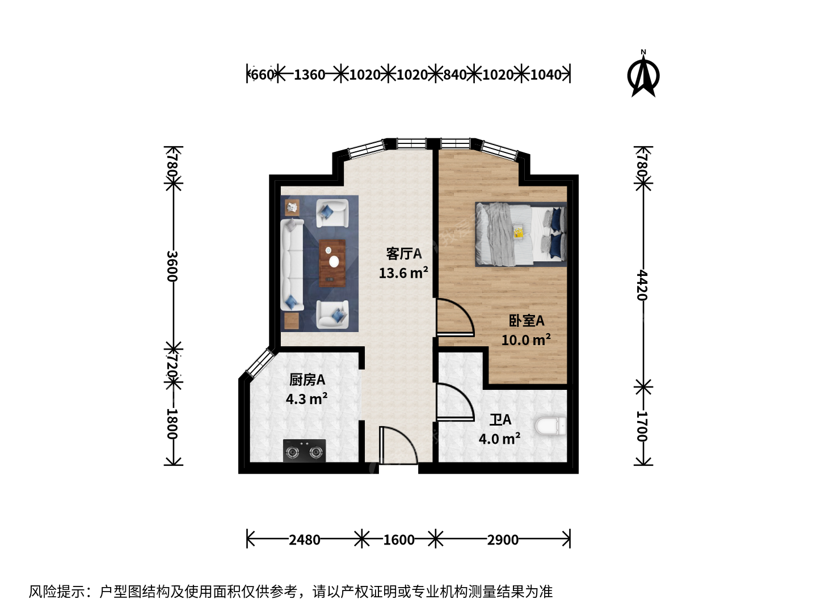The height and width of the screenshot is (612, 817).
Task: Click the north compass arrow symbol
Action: [643, 74]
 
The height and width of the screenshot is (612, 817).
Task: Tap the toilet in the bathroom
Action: [550, 426]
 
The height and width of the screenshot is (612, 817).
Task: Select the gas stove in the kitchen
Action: [304, 450]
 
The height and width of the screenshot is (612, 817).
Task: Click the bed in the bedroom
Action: [521, 235]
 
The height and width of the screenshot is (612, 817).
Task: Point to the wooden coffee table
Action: [332, 263]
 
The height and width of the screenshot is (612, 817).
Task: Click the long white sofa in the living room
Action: [292, 265]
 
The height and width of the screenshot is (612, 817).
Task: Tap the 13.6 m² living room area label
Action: [403, 273]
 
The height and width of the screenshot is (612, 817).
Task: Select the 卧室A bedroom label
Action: [527, 321]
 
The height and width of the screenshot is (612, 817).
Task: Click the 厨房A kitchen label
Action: [307, 380]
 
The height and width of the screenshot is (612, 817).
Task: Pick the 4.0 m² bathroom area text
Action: [499, 439]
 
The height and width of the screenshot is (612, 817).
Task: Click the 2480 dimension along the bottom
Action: [305, 539]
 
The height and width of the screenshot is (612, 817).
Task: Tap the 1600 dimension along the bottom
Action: [399, 539]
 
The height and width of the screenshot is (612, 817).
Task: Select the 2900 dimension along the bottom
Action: [503, 539]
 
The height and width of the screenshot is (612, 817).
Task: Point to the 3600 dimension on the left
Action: [172, 266]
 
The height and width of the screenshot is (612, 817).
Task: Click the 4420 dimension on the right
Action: [642, 286]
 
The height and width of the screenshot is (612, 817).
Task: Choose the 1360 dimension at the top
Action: [309, 75]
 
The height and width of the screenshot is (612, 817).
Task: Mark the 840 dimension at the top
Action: [455, 75]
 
